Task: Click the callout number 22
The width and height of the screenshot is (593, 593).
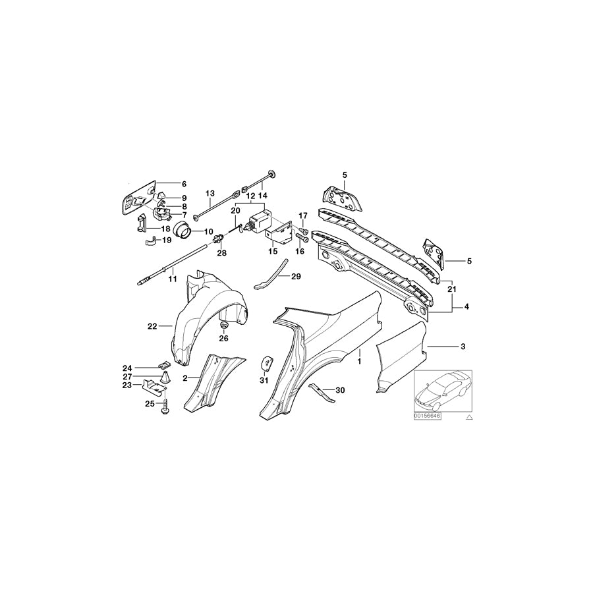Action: coord(152,325)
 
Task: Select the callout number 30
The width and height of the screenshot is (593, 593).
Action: coord(340,390)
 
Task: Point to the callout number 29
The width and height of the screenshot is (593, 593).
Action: coord(295,277)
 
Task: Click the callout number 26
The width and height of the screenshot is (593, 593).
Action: coord(223,339)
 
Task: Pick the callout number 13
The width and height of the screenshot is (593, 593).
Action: coord(210,194)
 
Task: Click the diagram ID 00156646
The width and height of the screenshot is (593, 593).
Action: coord(428,416)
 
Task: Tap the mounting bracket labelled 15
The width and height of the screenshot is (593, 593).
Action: coord(279,233)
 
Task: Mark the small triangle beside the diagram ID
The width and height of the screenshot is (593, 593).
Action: coord(469,418)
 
